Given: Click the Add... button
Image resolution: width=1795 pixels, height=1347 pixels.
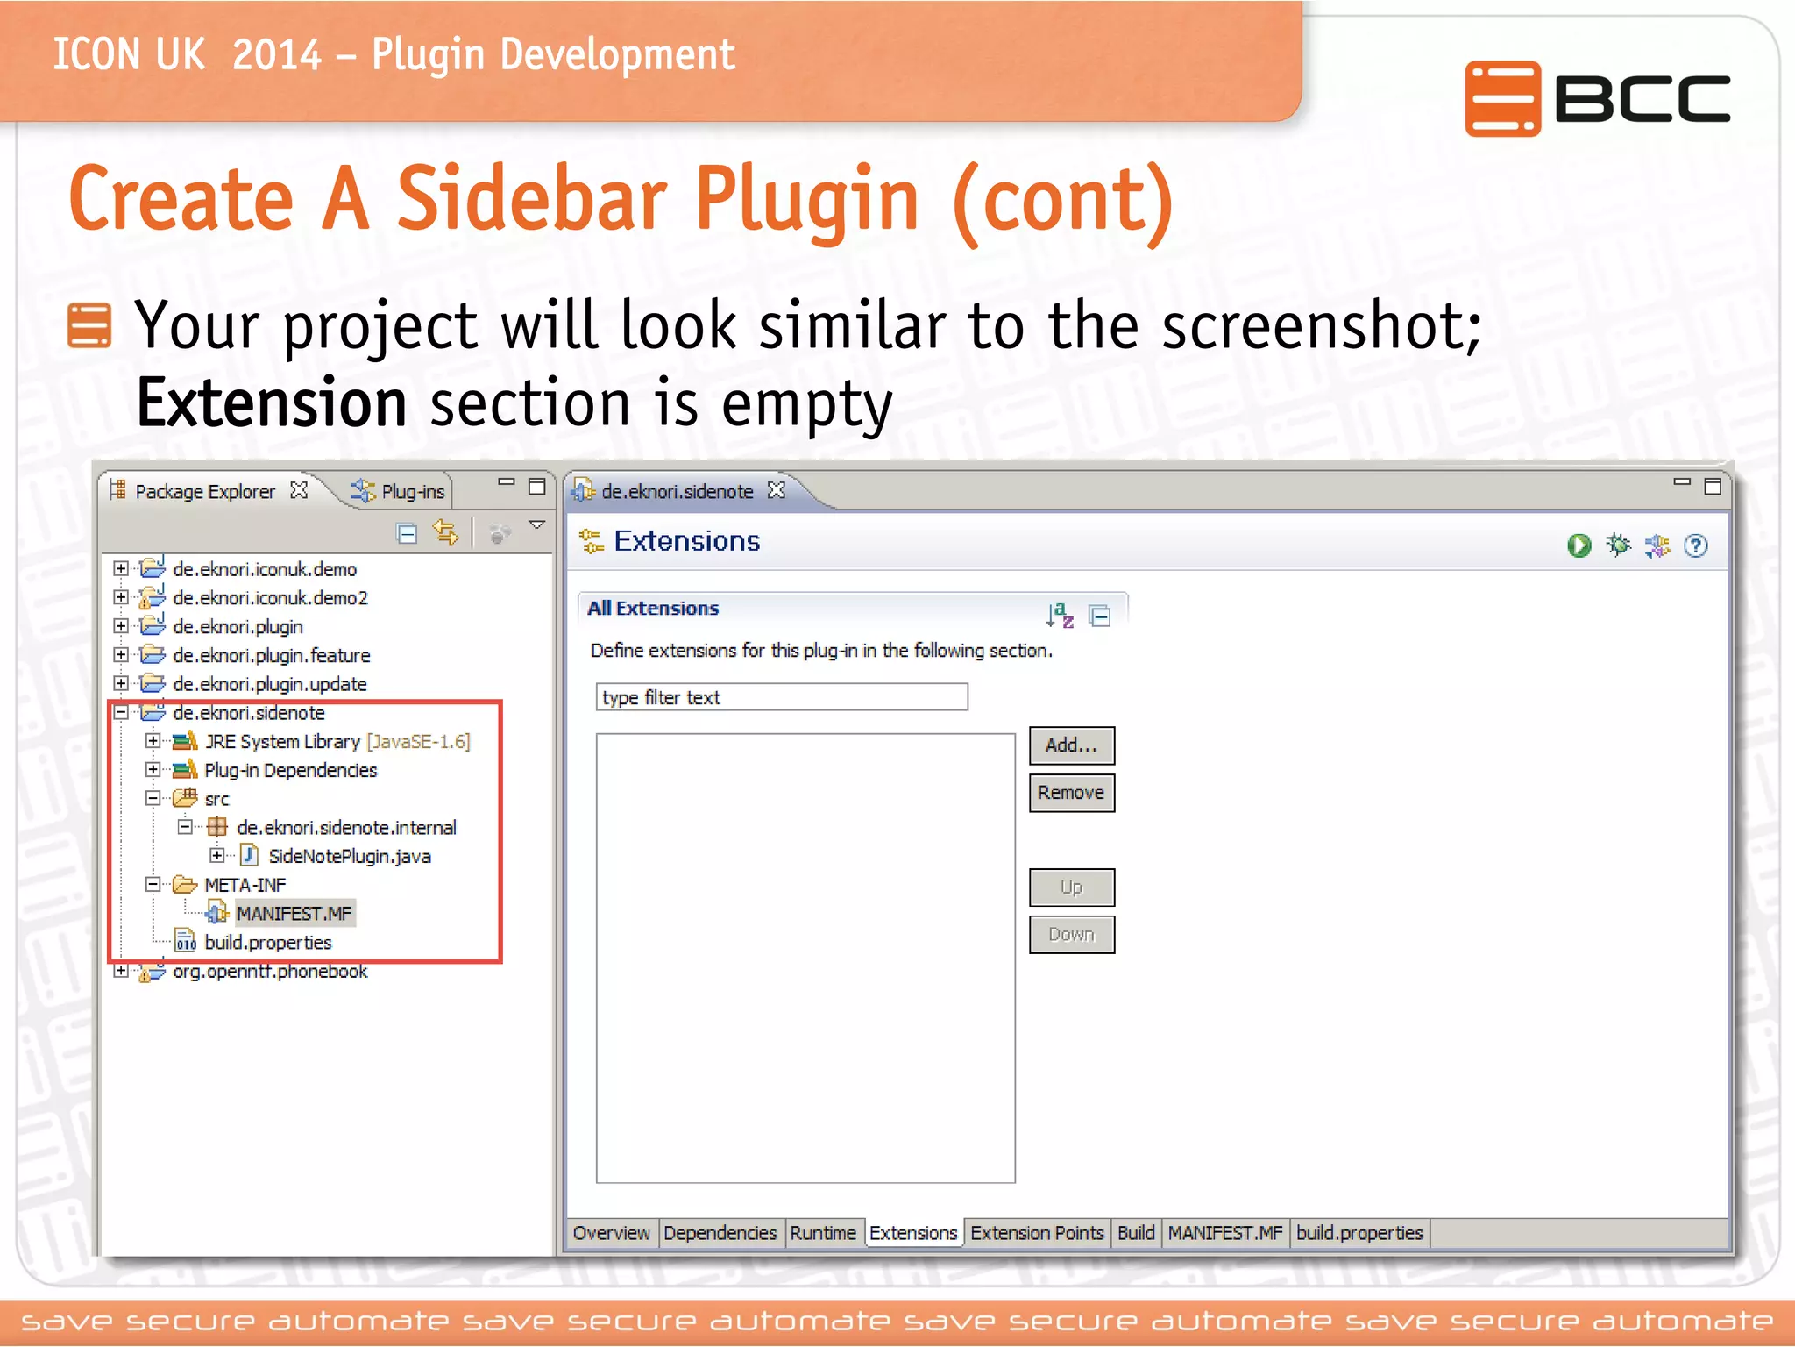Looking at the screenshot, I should tap(1071, 745).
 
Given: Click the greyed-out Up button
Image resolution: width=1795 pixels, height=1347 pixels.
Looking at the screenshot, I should tap(1071, 887).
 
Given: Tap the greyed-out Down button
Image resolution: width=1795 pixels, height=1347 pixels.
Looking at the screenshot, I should tap(1071, 935).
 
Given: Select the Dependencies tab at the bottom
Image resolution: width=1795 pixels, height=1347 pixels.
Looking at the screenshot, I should tap(720, 1233).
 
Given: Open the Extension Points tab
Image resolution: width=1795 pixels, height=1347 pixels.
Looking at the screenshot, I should tap(1037, 1233).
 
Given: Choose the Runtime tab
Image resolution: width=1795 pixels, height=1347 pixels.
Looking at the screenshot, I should tap(822, 1233).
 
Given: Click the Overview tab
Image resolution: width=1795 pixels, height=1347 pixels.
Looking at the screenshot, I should tap(611, 1233).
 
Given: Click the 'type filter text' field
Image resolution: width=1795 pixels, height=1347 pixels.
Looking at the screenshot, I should tap(781, 697).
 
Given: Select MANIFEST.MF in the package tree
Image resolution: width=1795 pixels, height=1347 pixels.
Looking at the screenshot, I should tap(294, 914).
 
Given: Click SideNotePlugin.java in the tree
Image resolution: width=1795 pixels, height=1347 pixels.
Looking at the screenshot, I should tap(349, 857).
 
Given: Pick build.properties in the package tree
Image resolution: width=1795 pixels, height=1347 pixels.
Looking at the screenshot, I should tap(267, 943).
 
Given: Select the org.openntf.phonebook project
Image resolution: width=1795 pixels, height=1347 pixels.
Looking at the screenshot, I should tap(270, 972).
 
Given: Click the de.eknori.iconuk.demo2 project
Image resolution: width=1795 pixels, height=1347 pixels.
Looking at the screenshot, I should tap(270, 598).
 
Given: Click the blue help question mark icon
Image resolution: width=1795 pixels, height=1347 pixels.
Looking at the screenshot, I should tap(1696, 546).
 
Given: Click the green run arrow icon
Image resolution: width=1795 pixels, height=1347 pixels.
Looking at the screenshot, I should tap(1579, 546).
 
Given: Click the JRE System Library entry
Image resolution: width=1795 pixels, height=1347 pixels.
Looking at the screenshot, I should tap(282, 742).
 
